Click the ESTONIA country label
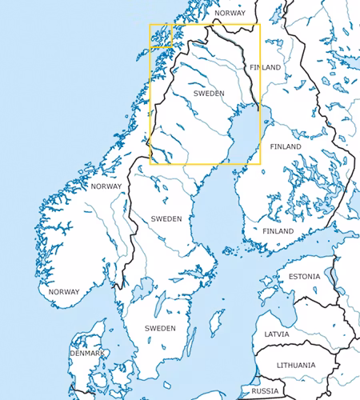(304, 277)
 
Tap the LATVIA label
(278, 334)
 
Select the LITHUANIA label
(297, 365)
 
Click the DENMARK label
(86, 353)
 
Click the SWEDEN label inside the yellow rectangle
(209, 94)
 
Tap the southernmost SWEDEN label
(160, 328)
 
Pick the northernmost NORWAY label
(230, 14)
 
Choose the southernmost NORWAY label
(64, 292)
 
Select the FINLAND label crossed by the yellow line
(265, 67)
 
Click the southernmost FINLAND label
(278, 231)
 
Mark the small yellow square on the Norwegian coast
(161, 36)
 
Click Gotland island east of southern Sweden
(214, 323)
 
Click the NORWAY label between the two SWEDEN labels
(106, 186)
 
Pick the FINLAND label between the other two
(286, 147)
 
